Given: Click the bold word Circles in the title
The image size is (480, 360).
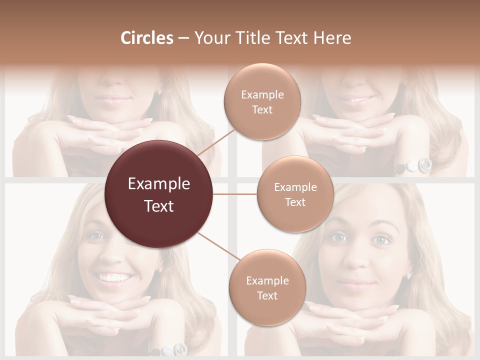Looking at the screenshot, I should pyautogui.click(x=146, y=38).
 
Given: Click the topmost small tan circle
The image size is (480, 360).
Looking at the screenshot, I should pyautogui.click(x=262, y=101).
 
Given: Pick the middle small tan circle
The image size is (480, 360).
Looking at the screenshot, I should pyautogui.click(x=295, y=194).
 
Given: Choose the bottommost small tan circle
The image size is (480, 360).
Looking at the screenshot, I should pyautogui.click(x=267, y=287).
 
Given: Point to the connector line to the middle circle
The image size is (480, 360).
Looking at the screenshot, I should pyautogui.click(x=235, y=194).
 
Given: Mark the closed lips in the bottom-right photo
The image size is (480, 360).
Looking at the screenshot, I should pyautogui.click(x=356, y=284).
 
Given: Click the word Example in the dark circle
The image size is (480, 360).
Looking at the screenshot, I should pyautogui.click(x=159, y=184).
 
